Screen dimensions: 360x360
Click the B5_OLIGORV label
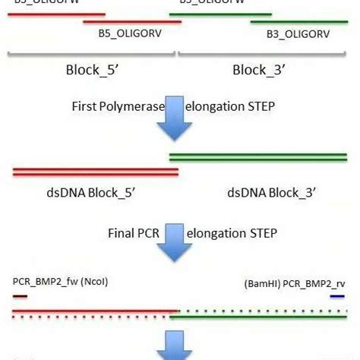click(x=129, y=34)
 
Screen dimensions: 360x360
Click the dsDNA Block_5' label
click(x=84, y=193)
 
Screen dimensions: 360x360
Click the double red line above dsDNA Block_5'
click(x=95, y=172)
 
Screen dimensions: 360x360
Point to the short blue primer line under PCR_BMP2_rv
click(x=337, y=296)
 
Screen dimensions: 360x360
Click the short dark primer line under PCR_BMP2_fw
click(x=21, y=296)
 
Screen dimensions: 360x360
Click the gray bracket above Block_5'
click(x=91, y=54)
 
